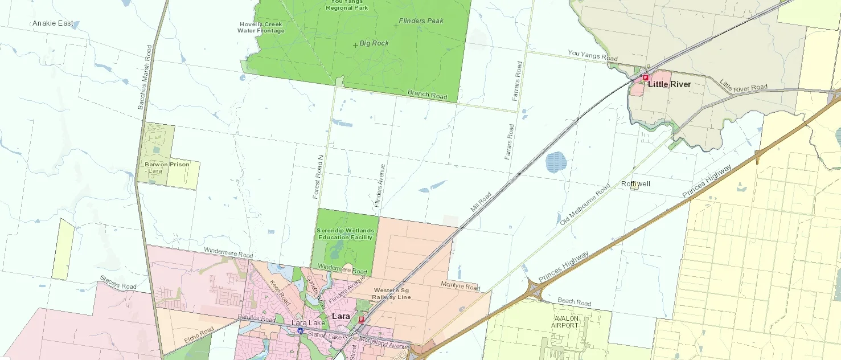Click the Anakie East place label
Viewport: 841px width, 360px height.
[52, 23]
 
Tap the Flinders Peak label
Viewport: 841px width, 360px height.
[421, 21]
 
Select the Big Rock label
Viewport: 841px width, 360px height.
[374, 43]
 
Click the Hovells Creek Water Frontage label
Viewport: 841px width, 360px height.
[261, 27]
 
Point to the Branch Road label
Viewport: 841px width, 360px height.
[427, 95]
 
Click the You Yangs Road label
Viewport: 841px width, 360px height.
[592, 56]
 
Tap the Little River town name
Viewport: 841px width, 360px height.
[669, 84]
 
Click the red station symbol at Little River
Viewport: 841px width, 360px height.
[645, 77]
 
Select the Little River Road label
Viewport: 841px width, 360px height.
[743, 86]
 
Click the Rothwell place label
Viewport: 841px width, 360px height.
[635, 184]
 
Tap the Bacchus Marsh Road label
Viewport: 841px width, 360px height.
[145, 77]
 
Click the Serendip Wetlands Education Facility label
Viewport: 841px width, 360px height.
[344, 234]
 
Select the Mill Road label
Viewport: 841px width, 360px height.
[481, 202]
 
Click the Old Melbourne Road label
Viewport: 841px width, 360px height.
[585, 204]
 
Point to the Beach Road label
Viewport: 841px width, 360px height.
[574, 302]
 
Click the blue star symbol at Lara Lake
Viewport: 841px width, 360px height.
[300, 330]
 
